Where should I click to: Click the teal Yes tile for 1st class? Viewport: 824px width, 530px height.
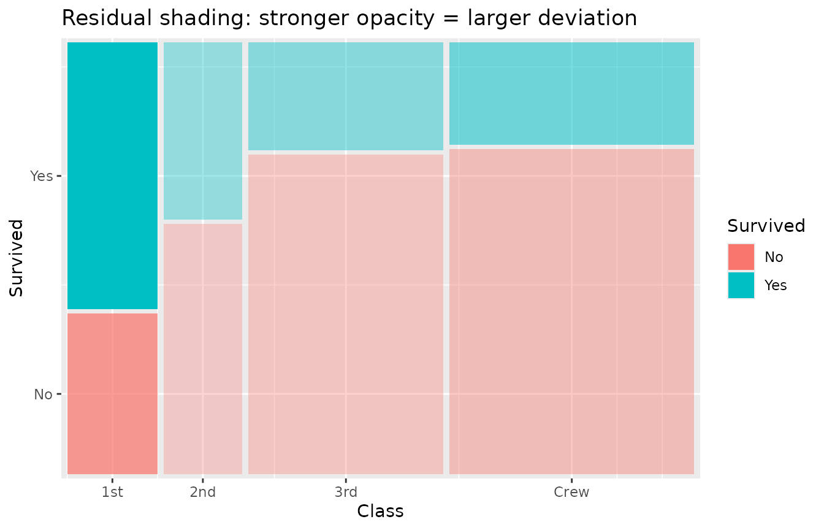[112, 175]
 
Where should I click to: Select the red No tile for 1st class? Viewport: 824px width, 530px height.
[112, 393]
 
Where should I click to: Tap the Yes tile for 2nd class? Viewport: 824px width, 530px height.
[203, 131]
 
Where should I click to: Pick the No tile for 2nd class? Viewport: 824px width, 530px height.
[203, 348]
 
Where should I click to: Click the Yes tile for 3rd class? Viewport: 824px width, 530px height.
[346, 96]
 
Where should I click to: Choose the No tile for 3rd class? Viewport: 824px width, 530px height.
[346, 313]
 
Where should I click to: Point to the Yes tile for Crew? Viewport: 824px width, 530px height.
[571, 93]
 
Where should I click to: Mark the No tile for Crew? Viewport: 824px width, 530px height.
[571, 311]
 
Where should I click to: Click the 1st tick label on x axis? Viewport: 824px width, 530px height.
[112, 492]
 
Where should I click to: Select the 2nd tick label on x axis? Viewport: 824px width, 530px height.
[203, 492]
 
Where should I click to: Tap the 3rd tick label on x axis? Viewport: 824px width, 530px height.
[346, 492]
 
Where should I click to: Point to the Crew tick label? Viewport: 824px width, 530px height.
[571, 492]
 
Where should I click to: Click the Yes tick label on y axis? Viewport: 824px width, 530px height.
[42, 176]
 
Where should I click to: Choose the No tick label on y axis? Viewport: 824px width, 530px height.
[43, 394]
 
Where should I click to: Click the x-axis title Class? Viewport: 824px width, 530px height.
[380, 511]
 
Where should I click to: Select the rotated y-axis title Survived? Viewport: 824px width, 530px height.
[17, 258]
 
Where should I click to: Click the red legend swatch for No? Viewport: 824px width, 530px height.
[741, 257]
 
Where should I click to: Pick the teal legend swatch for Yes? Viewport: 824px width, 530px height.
[741, 285]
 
